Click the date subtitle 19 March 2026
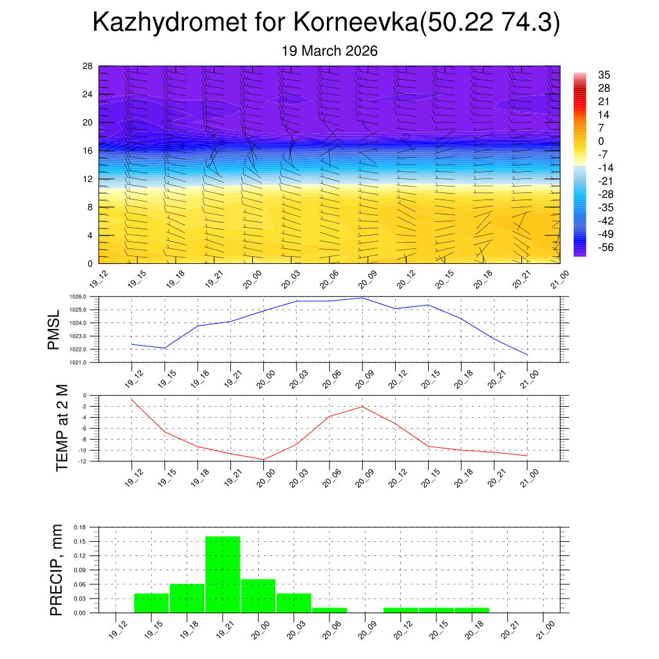click(329, 51)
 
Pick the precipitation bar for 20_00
click(258, 596)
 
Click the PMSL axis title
click(54, 329)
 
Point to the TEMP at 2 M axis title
click(62, 428)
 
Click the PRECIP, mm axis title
click(57, 570)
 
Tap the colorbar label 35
click(604, 75)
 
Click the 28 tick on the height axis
click(88, 66)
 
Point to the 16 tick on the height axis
click(88, 151)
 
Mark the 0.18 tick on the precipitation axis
click(80, 527)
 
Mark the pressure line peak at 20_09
click(362, 298)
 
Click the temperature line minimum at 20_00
click(263, 459)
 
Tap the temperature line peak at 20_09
click(362, 407)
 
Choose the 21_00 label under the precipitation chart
click(544, 629)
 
